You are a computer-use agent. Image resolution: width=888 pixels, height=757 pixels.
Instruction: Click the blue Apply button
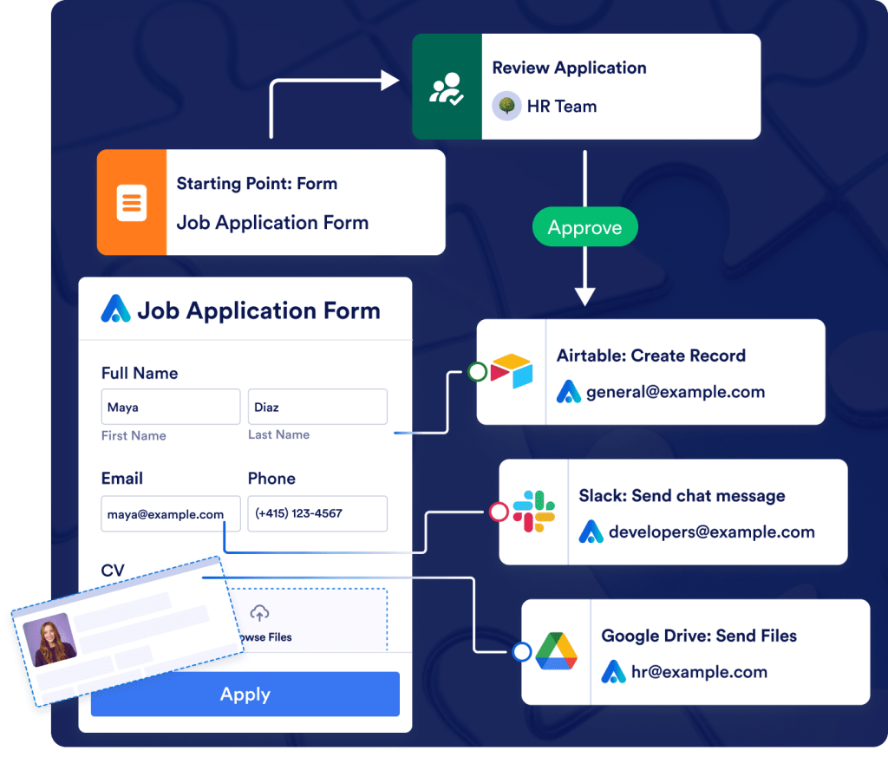tap(245, 695)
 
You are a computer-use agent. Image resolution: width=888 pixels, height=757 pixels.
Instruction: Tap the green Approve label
tap(584, 228)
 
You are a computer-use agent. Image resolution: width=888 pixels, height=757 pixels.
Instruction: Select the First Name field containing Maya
tap(170, 407)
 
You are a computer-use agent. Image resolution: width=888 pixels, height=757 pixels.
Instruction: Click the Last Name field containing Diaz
tap(317, 407)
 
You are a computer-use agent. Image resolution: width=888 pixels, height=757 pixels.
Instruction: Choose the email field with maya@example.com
tap(170, 513)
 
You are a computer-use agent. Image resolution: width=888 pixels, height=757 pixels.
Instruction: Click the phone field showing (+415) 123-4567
tap(317, 513)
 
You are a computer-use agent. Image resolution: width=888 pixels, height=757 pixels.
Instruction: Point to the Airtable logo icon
tap(512, 372)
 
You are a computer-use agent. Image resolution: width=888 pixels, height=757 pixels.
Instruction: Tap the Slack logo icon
tap(534, 512)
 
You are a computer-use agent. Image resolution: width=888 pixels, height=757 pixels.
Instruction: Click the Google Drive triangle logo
tap(557, 652)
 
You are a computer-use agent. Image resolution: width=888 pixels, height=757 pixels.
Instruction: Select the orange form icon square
tap(132, 203)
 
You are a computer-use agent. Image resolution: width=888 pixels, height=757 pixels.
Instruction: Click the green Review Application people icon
tap(447, 87)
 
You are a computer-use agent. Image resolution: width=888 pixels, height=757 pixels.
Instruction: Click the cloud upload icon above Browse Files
tap(259, 614)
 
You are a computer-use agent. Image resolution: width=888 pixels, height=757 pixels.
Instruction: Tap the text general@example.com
tap(676, 392)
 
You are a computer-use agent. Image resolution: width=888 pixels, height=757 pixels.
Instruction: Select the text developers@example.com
tap(711, 532)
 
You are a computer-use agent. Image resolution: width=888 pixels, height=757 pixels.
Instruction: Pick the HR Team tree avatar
tap(506, 107)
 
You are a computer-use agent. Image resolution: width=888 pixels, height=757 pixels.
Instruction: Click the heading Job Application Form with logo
tap(242, 310)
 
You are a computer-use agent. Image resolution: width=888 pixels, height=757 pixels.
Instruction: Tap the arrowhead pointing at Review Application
tap(389, 81)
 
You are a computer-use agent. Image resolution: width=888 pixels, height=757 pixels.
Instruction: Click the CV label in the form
tap(114, 571)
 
